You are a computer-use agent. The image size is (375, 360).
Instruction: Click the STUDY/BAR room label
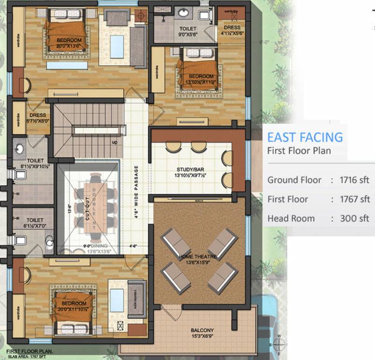[x=192, y=169]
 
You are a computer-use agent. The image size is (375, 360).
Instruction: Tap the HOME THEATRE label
[x=198, y=257]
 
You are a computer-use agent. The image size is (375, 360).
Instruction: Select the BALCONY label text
[x=202, y=330]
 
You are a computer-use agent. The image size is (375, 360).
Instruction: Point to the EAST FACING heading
[x=305, y=137]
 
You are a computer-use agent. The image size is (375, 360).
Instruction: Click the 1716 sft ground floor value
[x=355, y=180]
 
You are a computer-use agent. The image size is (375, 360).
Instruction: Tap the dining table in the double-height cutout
[x=96, y=207]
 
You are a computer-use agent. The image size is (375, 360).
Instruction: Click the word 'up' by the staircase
[x=114, y=142]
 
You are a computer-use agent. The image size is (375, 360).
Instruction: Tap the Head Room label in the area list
[x=291, y=218]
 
